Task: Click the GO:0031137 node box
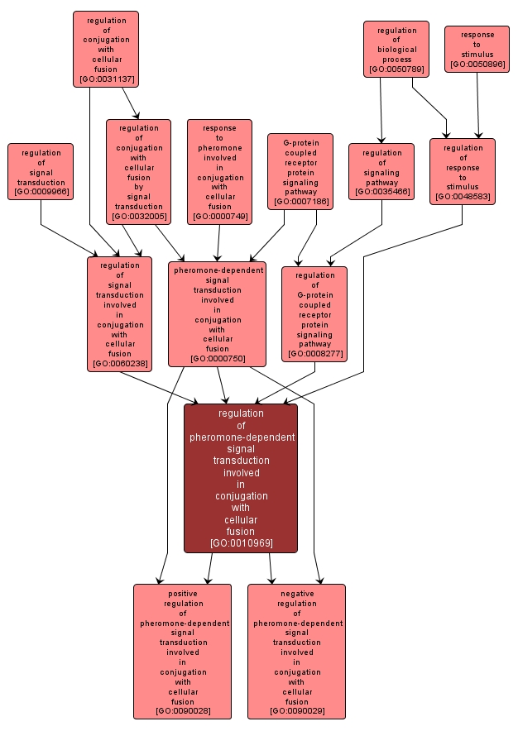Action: click(x=105, y=49)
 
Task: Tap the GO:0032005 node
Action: click(x=138, y=172)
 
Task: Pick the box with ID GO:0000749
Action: click(x=218, y=172)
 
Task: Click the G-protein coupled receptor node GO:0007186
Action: click(x=300, y=171)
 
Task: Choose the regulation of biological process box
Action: click(x=396, y=50)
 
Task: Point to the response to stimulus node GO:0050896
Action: click(x=477, y=49)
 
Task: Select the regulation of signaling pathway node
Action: click(x=381, y=172)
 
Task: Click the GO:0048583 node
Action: click(x=462, y=172)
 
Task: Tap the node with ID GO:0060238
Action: click(x=120, y=313)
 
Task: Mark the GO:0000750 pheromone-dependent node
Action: click(x=218, y=313)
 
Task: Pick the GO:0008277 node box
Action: click(x=314, y=313)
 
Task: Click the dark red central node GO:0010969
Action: click(x=241, y=478)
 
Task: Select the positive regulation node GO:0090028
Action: click(x=183, y=652)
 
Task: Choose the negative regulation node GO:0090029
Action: click(x=296, y=652)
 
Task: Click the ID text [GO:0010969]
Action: click(x=241, y=543)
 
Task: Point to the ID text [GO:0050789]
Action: click(x=396, y=69)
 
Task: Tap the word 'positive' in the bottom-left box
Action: click(x=183, y=593)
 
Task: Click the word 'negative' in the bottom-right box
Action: click(x=296, y=593)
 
